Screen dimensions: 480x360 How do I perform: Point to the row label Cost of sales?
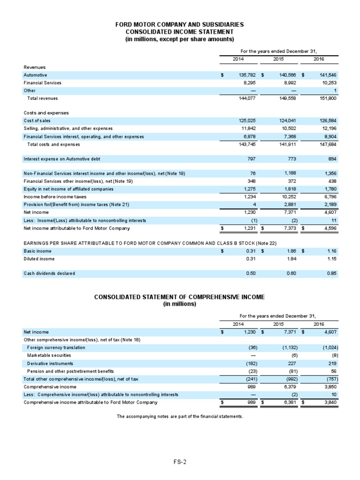37,120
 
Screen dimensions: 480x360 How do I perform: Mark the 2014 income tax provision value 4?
253,205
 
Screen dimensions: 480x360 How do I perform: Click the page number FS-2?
180,462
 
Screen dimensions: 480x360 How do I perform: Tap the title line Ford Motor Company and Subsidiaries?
180,24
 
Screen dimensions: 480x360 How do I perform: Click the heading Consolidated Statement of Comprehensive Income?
180,297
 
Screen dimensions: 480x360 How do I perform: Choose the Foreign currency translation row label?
56,347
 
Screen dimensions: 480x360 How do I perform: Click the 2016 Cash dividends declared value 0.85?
331,273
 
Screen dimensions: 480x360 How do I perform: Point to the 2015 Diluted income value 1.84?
291,259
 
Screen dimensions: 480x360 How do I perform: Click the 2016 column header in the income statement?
319,59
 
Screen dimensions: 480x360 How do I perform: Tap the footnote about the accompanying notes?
180,416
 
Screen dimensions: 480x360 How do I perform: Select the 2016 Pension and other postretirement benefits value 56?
334,371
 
